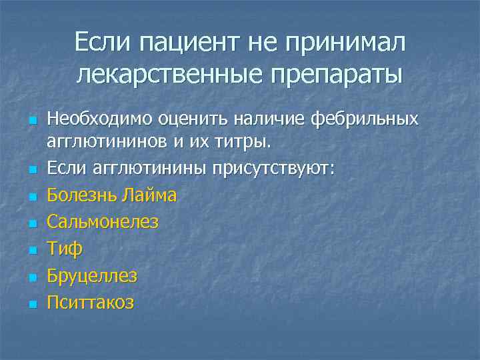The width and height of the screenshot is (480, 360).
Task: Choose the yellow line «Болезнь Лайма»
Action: pos(111,195)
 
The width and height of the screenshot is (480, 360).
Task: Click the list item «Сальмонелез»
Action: pos(102,222)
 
